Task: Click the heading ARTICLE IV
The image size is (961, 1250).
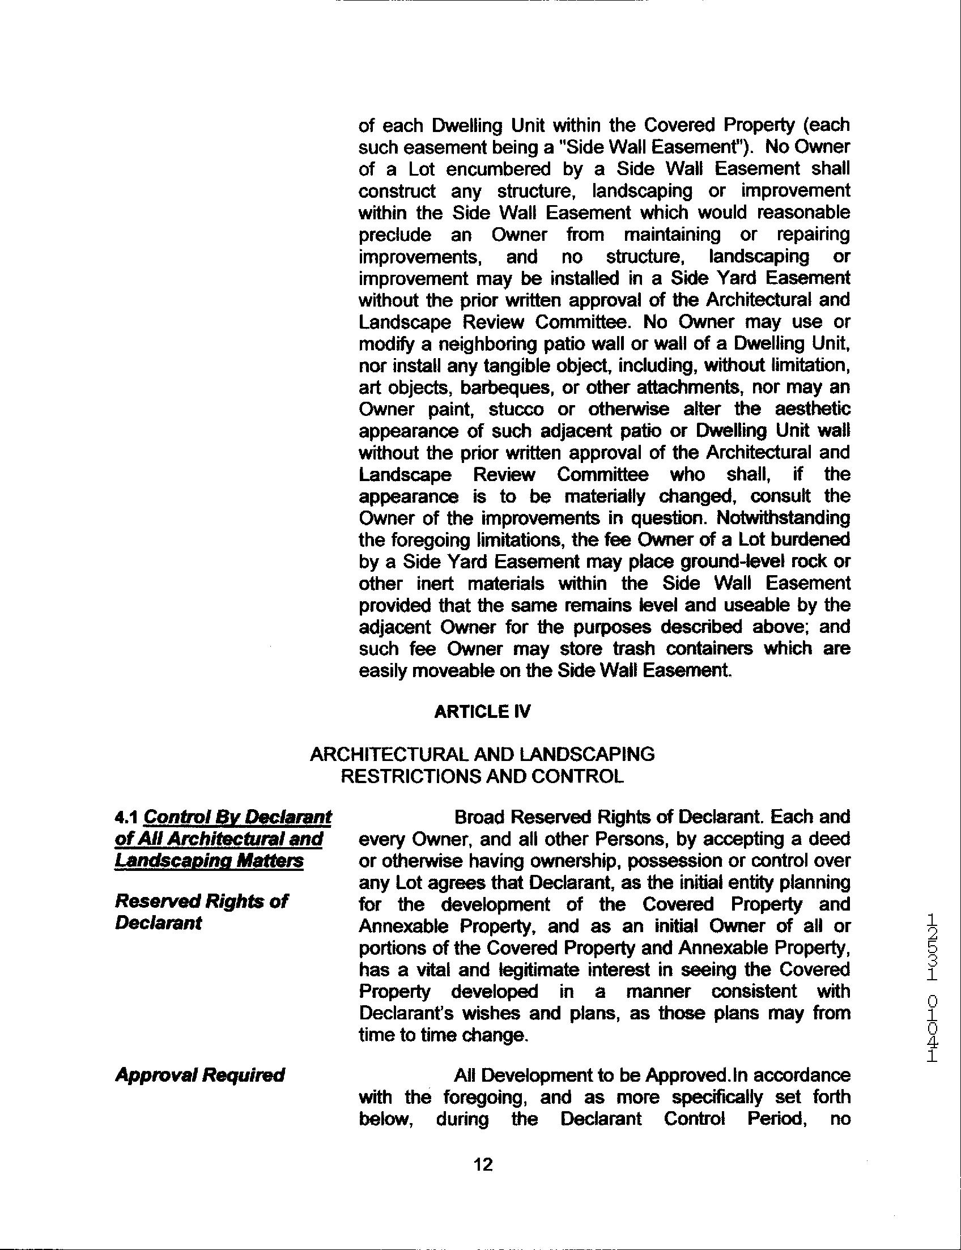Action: pyautogui.click(x=482, y=712)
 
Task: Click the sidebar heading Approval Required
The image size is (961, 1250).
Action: pyautogui.click(x=199, y=1075)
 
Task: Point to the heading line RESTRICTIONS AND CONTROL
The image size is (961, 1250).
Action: pyautogui.click(x=482, y=776)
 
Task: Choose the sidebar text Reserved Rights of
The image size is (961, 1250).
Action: pyautogui.click(x=201, y=902)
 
